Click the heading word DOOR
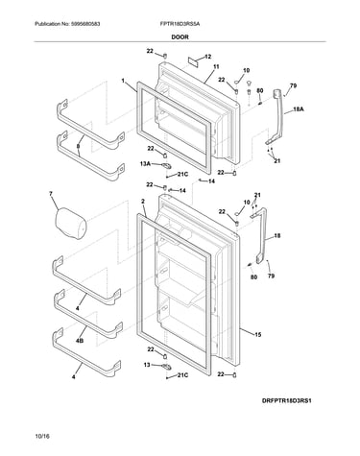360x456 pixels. [180, 36]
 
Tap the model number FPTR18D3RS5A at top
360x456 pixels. [180, 24]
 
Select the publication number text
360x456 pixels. [67, 24]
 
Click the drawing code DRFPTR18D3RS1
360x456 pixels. [287, 400]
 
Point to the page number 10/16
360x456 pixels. [42, 436]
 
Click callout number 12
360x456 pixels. [207, 57]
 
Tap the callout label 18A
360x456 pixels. [299, 109]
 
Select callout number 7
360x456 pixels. [51, 194]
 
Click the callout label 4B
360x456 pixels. [80, 341]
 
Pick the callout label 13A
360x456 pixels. [145, 163]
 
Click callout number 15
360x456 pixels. [258, 335]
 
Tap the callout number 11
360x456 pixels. [216, 67]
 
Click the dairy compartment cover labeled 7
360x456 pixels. [71, 224]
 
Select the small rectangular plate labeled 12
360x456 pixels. [193, 61]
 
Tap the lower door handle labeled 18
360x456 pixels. [263, 235]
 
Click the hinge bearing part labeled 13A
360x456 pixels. [166, 165]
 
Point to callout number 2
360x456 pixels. [143, 202]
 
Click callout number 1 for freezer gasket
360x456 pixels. [123, 81]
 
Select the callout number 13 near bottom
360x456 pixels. [147, 365]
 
